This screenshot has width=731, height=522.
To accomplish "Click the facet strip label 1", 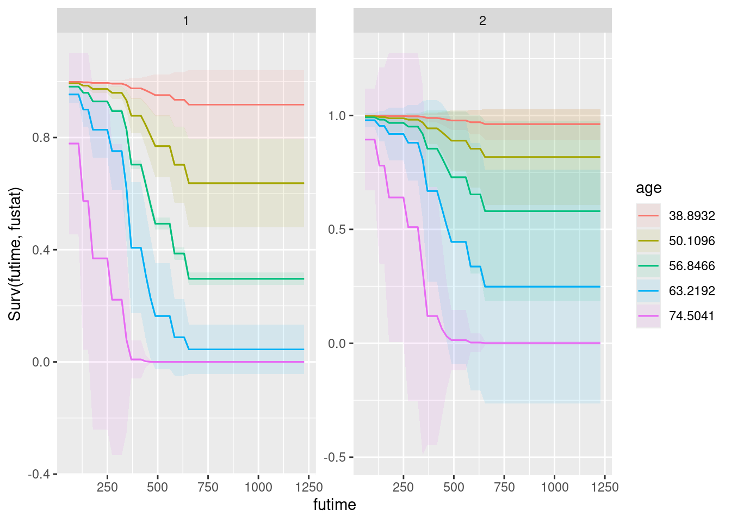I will click(186, 21).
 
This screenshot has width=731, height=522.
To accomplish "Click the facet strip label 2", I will click(482, 21).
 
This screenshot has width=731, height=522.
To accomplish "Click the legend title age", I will click(649, 188).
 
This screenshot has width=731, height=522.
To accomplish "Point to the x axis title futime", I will click(334, 505).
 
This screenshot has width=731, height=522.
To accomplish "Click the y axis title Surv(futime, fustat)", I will click(15, 254).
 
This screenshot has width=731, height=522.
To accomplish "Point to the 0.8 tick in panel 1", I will click(41, 138).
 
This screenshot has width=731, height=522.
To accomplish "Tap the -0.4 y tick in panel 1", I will click(39, 475).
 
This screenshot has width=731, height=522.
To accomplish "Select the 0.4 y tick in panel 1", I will click(41, 250).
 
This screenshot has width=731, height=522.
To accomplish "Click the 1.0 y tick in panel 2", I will click(337, 116).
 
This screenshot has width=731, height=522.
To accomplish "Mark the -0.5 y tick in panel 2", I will click(336, 457).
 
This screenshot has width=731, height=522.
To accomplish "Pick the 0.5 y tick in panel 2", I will click(337, 229).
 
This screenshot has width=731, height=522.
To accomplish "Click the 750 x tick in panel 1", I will click(208, 487).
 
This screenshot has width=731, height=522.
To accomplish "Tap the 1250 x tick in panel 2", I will click(605, 487).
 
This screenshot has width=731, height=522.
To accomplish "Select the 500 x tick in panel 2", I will click(454, 487).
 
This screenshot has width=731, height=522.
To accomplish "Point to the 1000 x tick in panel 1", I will click(258, 487).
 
